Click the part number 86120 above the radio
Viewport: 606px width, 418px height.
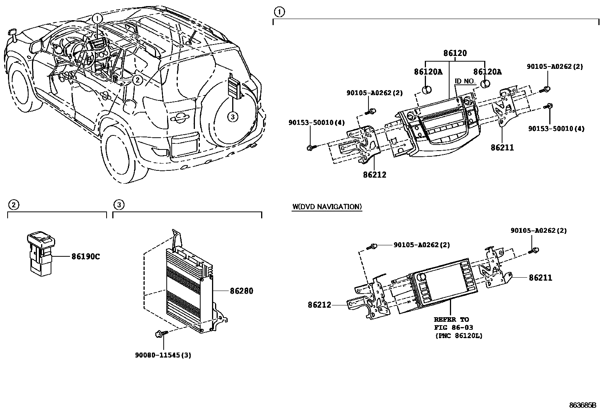pos(454,53)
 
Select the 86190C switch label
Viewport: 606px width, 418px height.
pos(86,257)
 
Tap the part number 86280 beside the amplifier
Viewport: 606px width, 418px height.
pos(241,291)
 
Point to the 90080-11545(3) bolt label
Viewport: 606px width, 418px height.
pos(163,355)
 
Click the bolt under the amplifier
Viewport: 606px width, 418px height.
pos(159,334)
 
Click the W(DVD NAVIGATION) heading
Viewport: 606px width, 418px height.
pos(327,207)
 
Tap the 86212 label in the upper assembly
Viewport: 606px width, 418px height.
pos(374,175)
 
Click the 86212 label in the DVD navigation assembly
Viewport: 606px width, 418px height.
pos(319,305)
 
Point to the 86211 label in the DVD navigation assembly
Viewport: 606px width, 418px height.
pos(540,278)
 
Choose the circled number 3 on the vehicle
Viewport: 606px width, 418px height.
pos(232,117)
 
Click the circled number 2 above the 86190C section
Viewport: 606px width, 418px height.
pos(13,205)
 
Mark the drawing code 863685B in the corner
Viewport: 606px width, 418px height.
pos(582,405)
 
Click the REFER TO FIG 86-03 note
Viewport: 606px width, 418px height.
pos(458,327)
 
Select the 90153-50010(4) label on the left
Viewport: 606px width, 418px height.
pos(316,122)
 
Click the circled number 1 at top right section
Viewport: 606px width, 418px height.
pos(279,12)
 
